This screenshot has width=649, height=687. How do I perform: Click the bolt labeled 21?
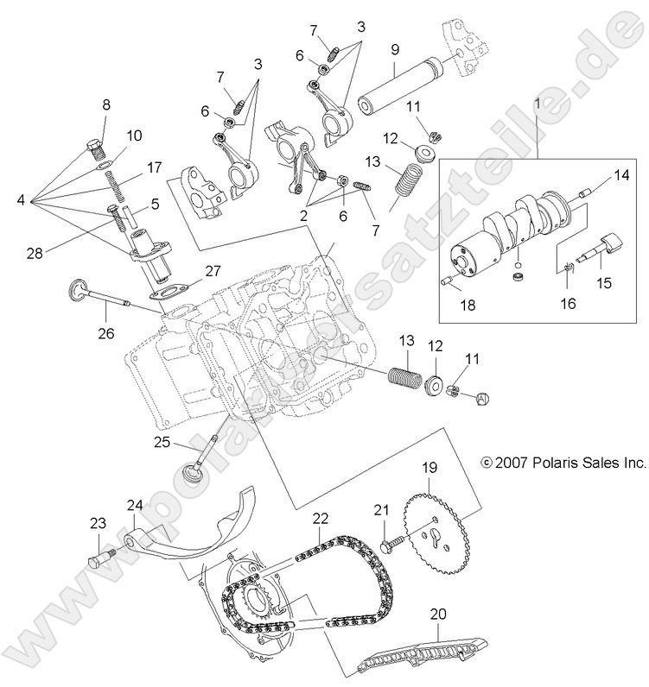pyautogui.click(x=391, y=544)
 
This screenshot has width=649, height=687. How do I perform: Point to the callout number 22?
pyautogui.click(x=321, y=519)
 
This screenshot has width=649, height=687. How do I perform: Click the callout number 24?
pyautogui.click(x=135, y=505)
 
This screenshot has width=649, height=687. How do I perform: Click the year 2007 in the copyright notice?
pyautogui.click(x=512, y=463)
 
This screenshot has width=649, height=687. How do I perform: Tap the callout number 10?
pyautogui.click(x=134, y=136)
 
